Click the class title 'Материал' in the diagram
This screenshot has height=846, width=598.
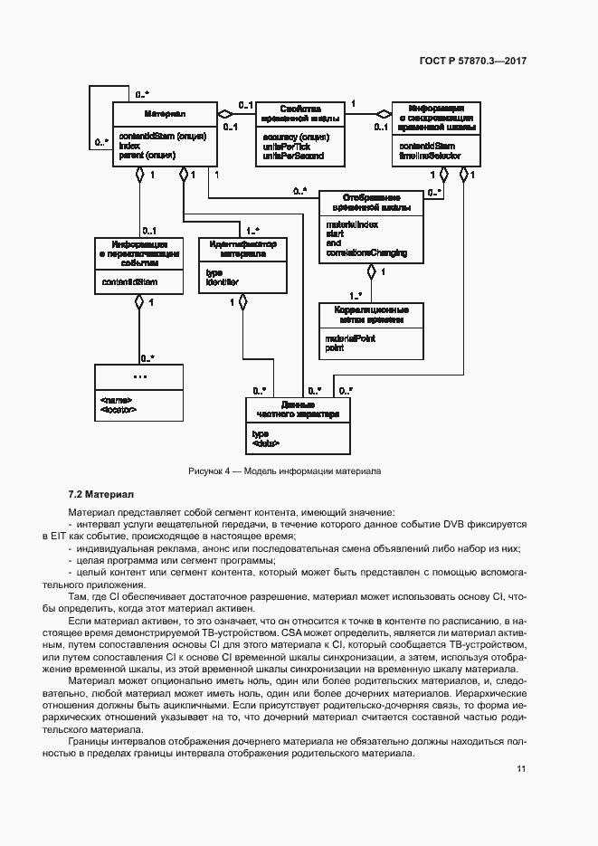(x=165, y=114)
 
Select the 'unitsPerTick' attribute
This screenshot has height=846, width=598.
(x=282, y=147)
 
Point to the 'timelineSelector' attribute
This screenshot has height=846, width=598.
(x=430, y=156)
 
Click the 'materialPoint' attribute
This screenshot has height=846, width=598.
(x=350, y=338)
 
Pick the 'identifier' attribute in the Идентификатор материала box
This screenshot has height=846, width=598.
(x=222, y=282)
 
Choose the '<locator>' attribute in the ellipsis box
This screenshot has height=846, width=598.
(x=119, y=409)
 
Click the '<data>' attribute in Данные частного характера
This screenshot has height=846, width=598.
(x=266, y=442)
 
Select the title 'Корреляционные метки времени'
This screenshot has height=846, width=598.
(x=372, y=315)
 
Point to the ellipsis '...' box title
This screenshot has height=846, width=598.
(x=139, y=375)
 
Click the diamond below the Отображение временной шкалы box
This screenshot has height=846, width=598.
(x=371, y=271)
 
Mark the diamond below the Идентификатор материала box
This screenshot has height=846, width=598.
(x=242, y=302)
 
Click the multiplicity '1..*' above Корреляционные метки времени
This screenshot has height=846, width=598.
(x=356, y=295)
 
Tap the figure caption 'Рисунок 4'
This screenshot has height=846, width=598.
(x=211, y=471)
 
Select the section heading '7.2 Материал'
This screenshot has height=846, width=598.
(x=100, y=494)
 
